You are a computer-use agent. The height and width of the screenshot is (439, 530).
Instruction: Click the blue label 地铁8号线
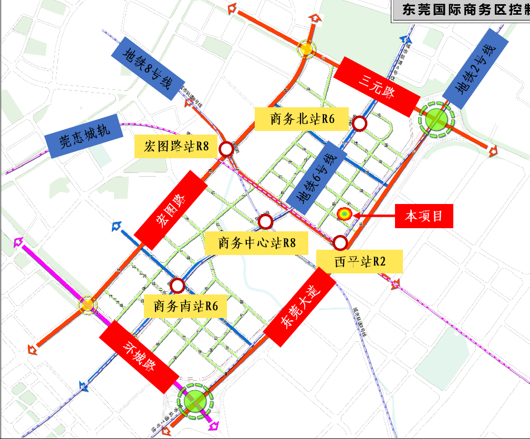[148, 69]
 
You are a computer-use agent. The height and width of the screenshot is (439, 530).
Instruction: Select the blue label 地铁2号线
[475, 69]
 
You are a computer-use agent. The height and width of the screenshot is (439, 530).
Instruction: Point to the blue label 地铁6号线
[316, 178]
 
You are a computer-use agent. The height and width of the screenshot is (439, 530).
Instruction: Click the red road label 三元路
[377, 86]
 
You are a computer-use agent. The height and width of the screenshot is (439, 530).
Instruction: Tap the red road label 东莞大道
[299, 307]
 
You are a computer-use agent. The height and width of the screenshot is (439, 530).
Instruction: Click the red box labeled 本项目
[424, 216]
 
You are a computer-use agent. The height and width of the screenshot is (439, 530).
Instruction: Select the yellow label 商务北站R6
[302, 119]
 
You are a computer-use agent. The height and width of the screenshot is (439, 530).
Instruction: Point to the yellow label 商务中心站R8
[256, 243]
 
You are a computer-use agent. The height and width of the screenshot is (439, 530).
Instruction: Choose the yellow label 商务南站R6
[185, 305]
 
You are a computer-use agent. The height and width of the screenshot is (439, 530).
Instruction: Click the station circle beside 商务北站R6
[360, 124]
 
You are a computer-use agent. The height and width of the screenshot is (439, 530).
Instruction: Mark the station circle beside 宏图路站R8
[226, 149]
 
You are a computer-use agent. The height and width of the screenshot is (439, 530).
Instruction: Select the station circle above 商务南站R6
[178, 285]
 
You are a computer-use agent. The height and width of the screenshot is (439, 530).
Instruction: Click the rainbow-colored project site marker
[344, 213]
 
